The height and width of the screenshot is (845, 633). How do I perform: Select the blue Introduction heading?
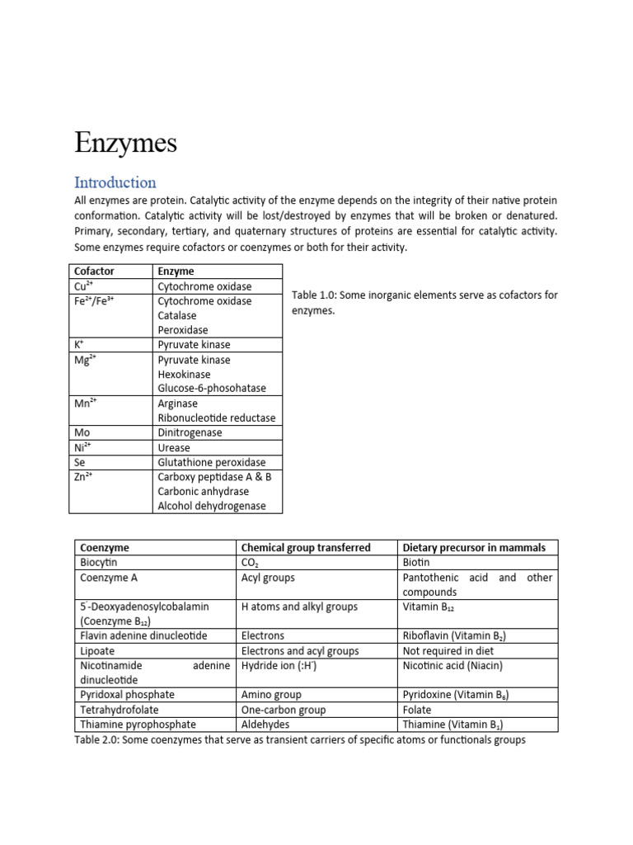115,182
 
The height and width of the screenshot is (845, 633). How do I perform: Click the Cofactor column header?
94,271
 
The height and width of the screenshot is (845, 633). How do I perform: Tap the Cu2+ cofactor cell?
82,286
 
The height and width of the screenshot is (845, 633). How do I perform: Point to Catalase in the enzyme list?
177,315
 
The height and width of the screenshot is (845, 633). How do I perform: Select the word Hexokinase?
184,374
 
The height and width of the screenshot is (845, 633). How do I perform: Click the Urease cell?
174,447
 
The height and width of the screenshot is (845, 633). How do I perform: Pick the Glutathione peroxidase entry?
212,462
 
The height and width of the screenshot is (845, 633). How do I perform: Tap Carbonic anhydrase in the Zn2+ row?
203,492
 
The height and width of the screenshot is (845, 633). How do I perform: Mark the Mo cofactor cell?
81,432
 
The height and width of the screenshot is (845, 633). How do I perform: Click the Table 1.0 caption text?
424,303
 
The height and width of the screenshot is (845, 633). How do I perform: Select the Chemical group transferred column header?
305,548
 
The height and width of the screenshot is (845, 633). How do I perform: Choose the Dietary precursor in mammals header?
473,548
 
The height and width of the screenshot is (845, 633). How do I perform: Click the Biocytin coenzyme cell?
99,563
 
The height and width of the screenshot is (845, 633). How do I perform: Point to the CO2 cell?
250,563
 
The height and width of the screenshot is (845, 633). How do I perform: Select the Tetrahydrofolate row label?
120,710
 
